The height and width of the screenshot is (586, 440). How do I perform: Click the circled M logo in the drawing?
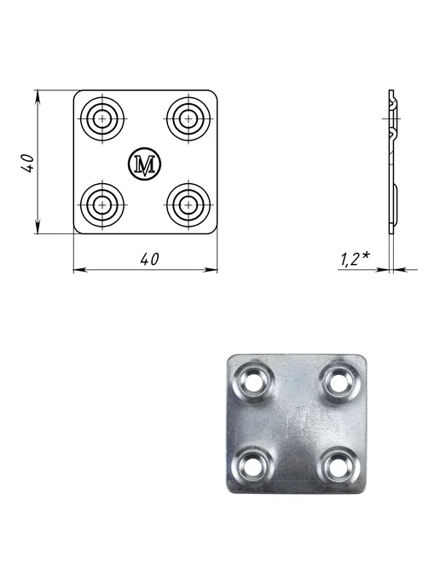(145, 164)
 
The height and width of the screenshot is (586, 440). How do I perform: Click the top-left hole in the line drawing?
(101, 119)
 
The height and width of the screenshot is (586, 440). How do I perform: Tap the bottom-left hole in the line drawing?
(101, 204)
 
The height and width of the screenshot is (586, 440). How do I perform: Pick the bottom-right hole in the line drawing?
(188, 204)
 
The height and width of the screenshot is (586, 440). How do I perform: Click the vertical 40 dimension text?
(28, 163)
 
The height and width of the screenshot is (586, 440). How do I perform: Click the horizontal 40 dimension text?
(150, 259)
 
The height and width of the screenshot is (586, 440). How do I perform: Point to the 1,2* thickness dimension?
(355, 260)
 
